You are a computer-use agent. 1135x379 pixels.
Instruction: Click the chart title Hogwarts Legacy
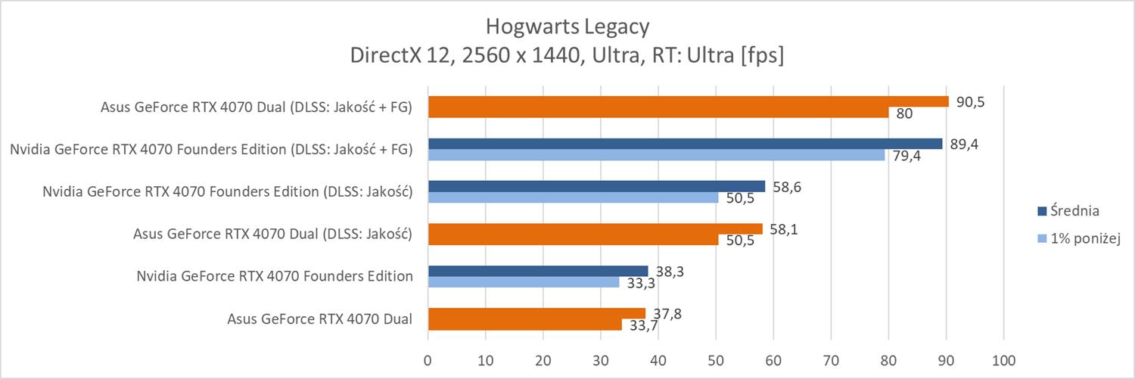pos(567,27)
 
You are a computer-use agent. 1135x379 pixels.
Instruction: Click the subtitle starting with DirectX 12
pos(567,56)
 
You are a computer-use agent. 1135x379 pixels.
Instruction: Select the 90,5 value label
pos(969,101)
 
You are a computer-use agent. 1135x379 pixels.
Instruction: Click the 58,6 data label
pos(785,186)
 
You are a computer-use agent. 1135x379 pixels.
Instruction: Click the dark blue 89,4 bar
pos(685,144)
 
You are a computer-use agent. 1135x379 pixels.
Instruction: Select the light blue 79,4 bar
pos(656,155)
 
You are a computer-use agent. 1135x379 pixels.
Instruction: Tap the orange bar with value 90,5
pos(688,101)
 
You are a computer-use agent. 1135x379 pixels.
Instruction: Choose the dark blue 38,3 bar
pos(538,271)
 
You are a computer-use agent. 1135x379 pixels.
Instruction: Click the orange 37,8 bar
pos(536,313)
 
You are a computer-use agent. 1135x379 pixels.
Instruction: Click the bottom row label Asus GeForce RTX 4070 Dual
pos(320,318)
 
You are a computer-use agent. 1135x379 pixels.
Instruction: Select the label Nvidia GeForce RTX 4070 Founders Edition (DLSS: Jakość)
pos(228,191)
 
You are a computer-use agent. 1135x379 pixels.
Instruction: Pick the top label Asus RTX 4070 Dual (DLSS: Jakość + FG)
pos(256,107)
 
